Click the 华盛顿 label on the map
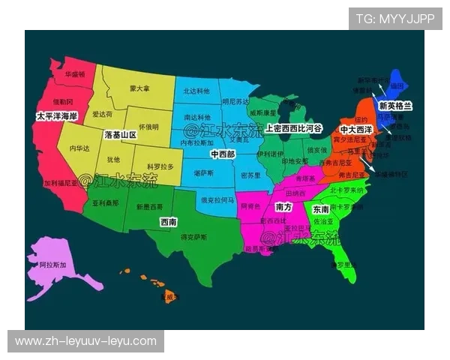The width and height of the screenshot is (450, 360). click(74, 75)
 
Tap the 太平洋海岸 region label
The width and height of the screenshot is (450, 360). click(56, 116)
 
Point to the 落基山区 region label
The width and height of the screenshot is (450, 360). click(120, 135)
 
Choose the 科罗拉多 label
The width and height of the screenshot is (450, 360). click(160, 166)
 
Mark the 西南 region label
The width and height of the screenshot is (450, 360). click(169, 222)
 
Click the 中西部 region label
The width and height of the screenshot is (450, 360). click(222, 154)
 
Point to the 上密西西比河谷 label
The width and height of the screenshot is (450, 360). click(293, 129)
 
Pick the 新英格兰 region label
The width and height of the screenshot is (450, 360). click(396, 106)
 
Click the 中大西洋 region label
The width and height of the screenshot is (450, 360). click(355, 130)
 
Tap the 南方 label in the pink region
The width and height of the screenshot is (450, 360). click(283, 206)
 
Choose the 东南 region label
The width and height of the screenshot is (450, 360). click(320, 209)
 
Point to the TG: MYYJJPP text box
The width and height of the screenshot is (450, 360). click(395, 18)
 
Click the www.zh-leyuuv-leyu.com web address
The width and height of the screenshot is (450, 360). click(86, 341)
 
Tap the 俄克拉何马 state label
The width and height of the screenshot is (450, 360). click(217, 200)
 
